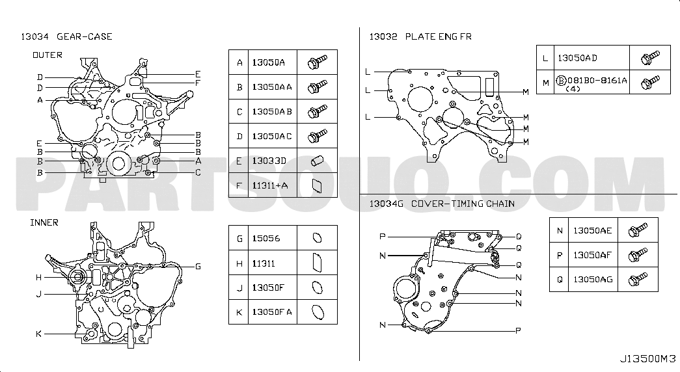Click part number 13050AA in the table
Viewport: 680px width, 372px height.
(x=272, y=87)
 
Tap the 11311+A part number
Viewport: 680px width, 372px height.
(x=270, y=185)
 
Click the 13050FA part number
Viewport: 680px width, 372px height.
(x=272, y=312)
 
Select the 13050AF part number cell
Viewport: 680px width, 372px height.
(x=592, y=256)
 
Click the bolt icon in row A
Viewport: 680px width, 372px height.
(x=317, y=62)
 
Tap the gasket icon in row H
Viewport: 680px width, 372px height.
(x=317, y=263)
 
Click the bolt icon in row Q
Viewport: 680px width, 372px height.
(x=638, y=280)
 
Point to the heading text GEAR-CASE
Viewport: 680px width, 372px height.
(x=85, y=37)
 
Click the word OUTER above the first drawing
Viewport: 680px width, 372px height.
(x=48, y=55)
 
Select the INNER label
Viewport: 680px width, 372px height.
(x=44, y=222)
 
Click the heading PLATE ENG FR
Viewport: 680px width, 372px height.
(x=439, y=37)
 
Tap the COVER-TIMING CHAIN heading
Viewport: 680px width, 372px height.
(x=463, y=204)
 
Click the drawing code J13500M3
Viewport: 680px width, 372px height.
(x=648, y=359)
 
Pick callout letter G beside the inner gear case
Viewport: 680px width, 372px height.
(x=198, y=266)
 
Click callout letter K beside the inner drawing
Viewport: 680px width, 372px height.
(x=38, y=334)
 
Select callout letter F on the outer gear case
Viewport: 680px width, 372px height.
(x=198, y=83)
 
